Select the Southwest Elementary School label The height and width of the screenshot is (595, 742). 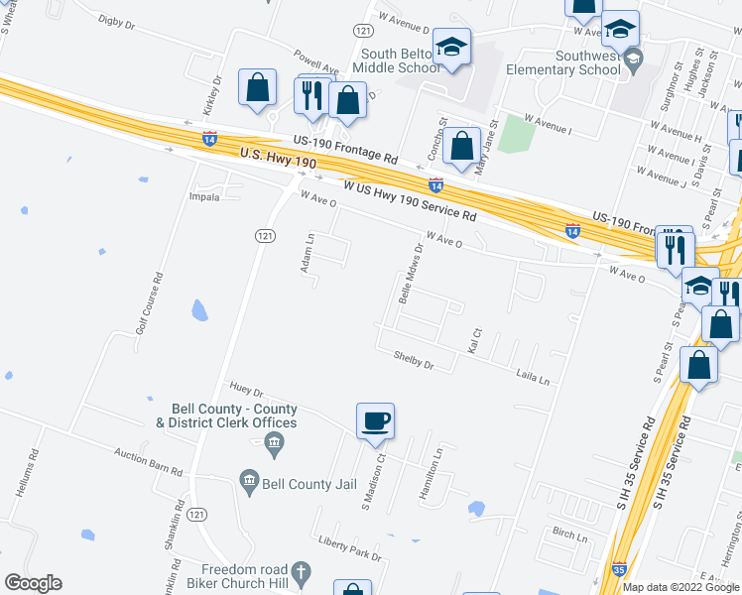[562, 62]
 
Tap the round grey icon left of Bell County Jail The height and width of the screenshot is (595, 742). [249, 484]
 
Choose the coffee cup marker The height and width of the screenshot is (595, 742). [375, 421]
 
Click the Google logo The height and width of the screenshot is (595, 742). [33, 583]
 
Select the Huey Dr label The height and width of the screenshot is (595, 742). [245, 391]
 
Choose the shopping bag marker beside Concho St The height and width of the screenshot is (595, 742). [461, 147]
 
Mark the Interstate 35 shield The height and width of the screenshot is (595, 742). [619, 569]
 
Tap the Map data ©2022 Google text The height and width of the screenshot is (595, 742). [680, 587]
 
